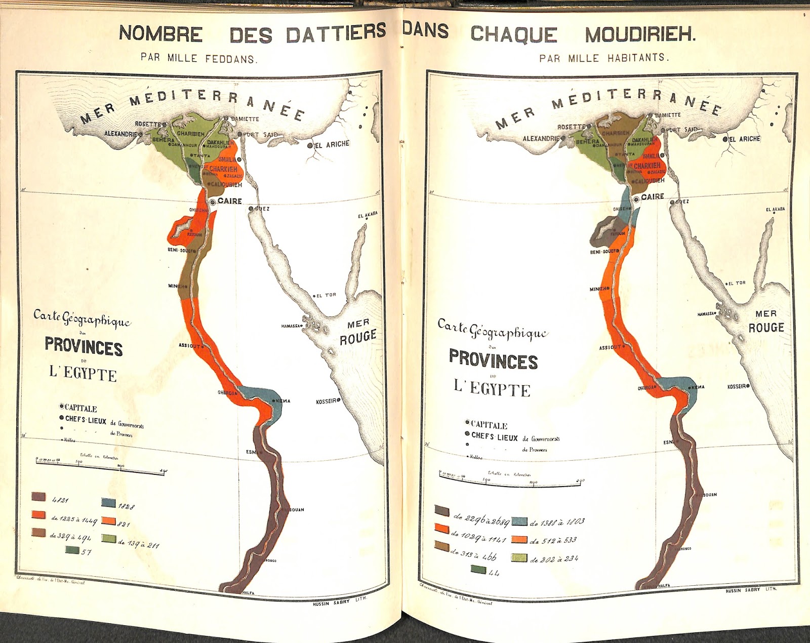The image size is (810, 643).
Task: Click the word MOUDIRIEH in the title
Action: coord(640,34)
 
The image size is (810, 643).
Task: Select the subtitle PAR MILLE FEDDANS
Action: coord(199,59)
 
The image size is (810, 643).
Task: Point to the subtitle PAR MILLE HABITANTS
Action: coord(604,58)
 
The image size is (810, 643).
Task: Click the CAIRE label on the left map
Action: coord(229,201)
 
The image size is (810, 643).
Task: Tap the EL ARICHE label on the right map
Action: coord(744,139)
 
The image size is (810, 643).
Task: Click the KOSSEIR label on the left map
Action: coord(327,401)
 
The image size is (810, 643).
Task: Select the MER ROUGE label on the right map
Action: coord(765,321)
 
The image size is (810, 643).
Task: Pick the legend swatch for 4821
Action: coord(39,497)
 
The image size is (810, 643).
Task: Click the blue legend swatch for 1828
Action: coord(108,502)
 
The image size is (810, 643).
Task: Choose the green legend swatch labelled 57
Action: coord(72,550)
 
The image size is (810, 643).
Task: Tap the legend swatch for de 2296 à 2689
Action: coord(442,511)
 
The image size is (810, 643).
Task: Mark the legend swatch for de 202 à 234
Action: coord(519,558)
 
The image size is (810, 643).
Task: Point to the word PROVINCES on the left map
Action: coord(84,348)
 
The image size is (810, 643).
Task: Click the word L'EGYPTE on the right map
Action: coord(492,388)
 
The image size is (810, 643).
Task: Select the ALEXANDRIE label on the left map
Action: coord(120,134)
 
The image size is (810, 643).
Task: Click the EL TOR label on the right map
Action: coord(737,283)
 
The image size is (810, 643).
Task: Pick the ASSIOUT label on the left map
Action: coord(190,346)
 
